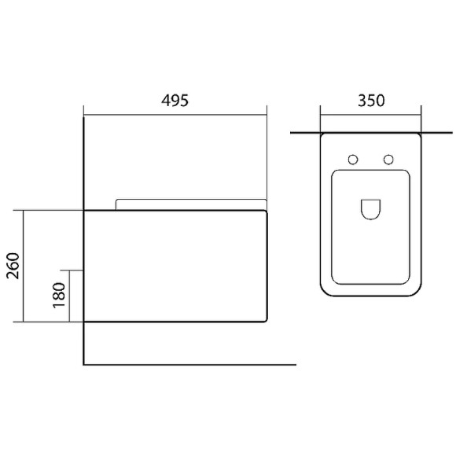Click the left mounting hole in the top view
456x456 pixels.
click(x=353, y=160)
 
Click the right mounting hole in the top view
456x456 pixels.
click(x=388, y=160)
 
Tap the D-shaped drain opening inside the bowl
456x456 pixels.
click(x=370, y=208)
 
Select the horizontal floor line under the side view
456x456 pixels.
click(x=189, y=365)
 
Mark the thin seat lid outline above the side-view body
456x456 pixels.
click(x=189, y=200)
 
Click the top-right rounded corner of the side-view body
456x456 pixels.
click(x=265, y=212)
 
